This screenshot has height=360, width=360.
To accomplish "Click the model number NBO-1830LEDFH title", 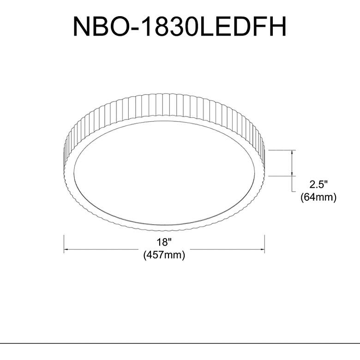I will pos(180,27).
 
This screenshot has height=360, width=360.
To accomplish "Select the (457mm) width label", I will pos(164,255).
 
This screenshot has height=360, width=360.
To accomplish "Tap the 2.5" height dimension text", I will pos(318,185).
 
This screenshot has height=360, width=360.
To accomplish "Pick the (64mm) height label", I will pos(318,197).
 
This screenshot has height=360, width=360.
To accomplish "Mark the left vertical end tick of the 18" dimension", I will pos(63,244).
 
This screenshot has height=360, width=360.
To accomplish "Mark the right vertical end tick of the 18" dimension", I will pos(264,244).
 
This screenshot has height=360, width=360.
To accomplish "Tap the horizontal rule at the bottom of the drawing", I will pos(180,343).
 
